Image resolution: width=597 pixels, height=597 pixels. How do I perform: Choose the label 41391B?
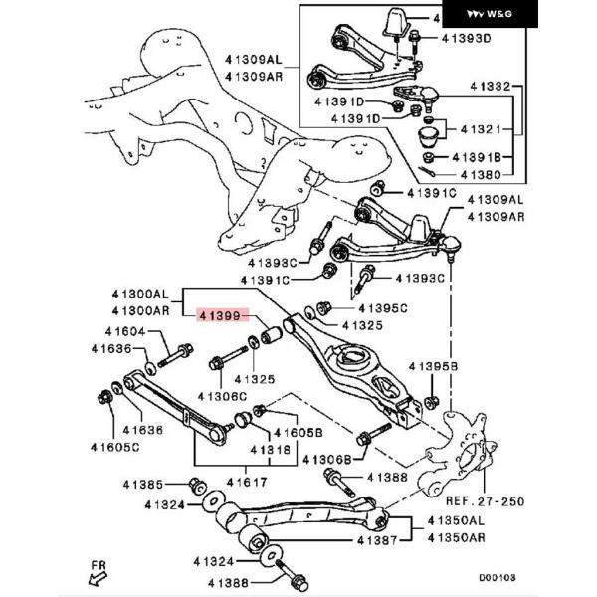coord(476,157)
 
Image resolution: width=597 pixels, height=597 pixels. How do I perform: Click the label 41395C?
coord(383,308)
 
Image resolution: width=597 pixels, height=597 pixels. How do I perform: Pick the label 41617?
coord(247,481)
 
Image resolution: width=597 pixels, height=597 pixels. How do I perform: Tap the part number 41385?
coord(143,485)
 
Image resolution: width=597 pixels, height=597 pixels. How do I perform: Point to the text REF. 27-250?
coord(485,501)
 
